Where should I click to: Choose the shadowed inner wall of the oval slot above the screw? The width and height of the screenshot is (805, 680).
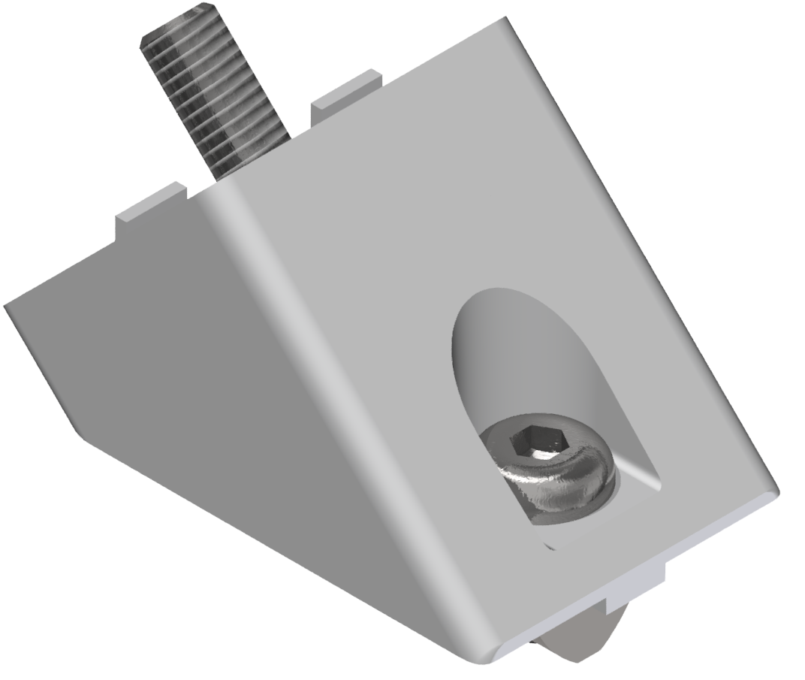click(x=511, y=353)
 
